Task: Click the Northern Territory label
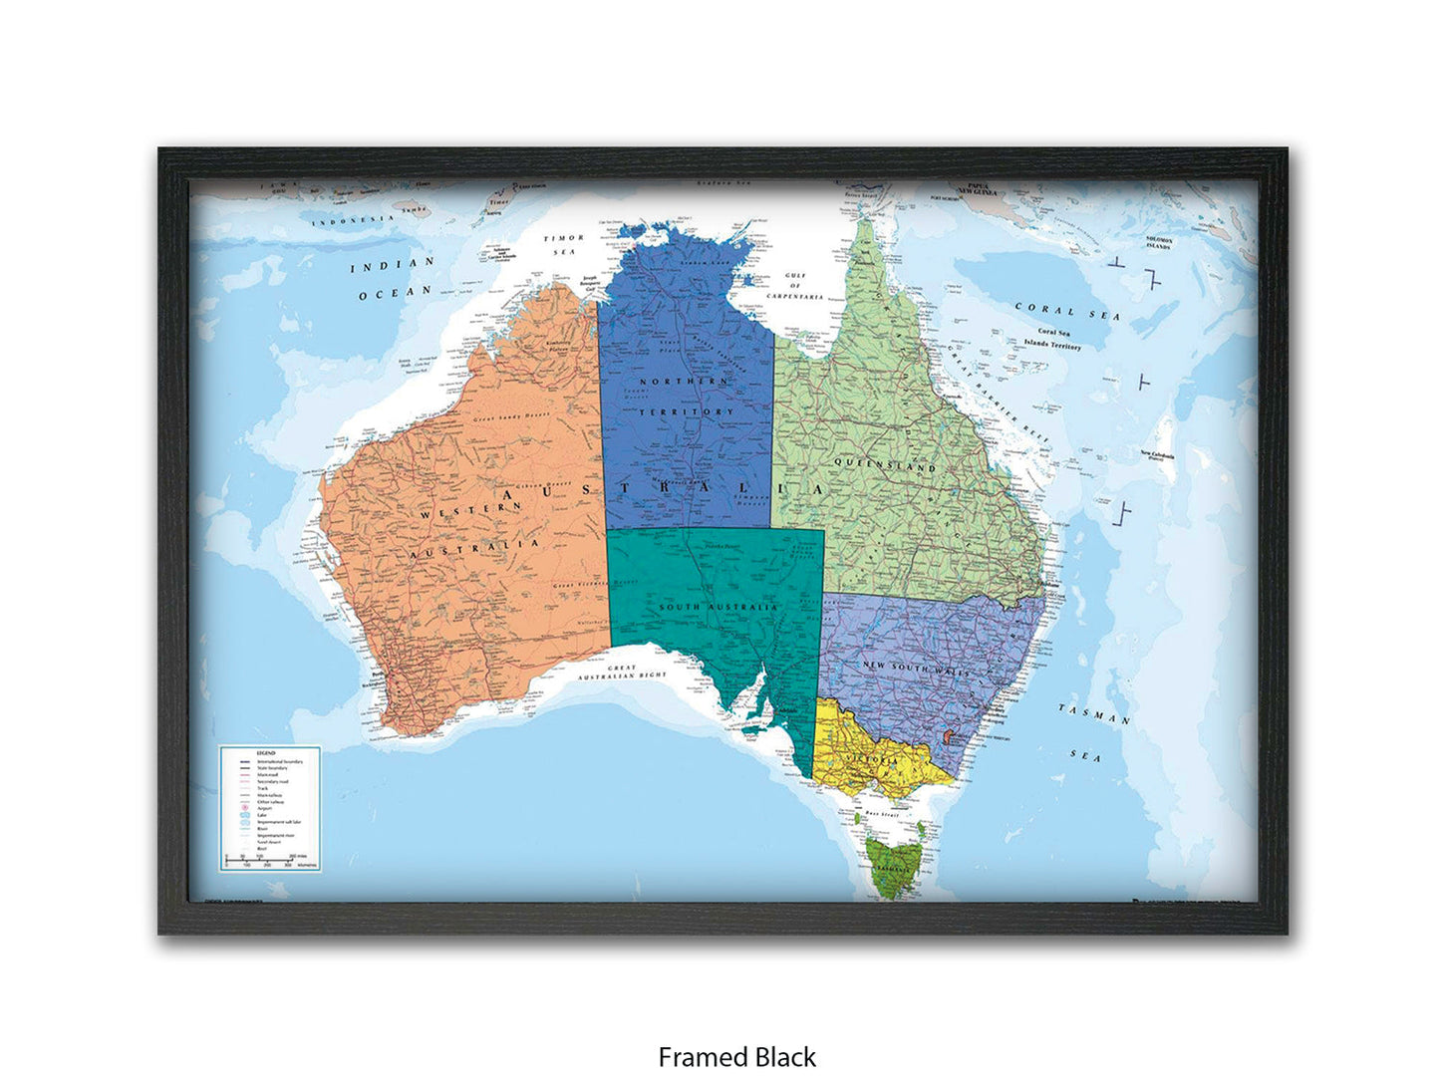(686, 397)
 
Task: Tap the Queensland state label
(884, 464)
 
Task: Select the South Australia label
(718, 608)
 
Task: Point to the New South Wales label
(916, 668)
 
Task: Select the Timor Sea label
(563, 245)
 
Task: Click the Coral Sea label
(1066, 312)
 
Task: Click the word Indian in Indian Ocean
(394, 265)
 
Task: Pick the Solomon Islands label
(1157, 243)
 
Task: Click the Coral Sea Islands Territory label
(1052, 339)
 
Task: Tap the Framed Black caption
(736, 1056)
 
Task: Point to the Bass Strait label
(882, 815)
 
